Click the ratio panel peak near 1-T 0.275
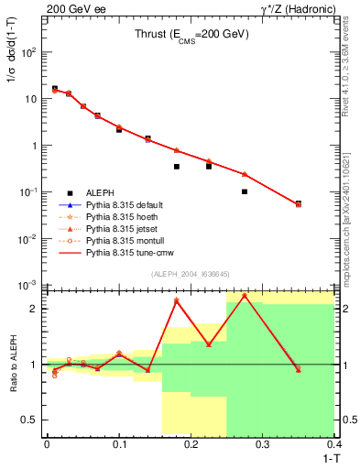pos(245,296)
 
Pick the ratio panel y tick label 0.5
pos(33,420)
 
